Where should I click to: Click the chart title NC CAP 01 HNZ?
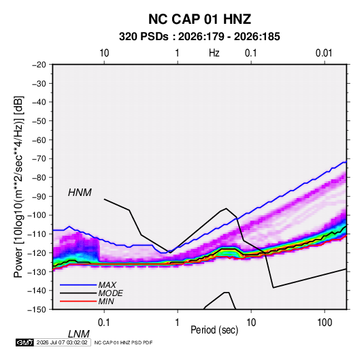(199, 19)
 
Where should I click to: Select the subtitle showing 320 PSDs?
(199, 37)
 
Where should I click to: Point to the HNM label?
(80, 193)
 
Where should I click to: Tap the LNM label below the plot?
(79, 334)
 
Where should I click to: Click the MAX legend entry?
(107, 284)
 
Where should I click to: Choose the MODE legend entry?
(110, 293)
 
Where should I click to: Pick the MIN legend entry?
(106, 301)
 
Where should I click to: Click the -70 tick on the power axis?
(39, 159)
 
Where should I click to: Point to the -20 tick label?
(39, 65)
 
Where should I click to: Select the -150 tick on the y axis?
(37, 310)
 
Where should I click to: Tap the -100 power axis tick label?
(37, 215)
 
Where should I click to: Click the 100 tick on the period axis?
(325, 323)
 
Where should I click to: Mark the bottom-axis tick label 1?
(178, 323)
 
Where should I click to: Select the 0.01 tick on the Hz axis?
(324, 53)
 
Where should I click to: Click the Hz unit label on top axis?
(214, 53)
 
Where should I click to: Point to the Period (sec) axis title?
(214, 330)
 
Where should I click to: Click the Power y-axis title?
(18, 186)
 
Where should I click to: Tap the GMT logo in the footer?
(24, 342)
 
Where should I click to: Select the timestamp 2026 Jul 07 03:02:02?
(62, 342)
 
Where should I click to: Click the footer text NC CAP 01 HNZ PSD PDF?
(124, 342)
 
